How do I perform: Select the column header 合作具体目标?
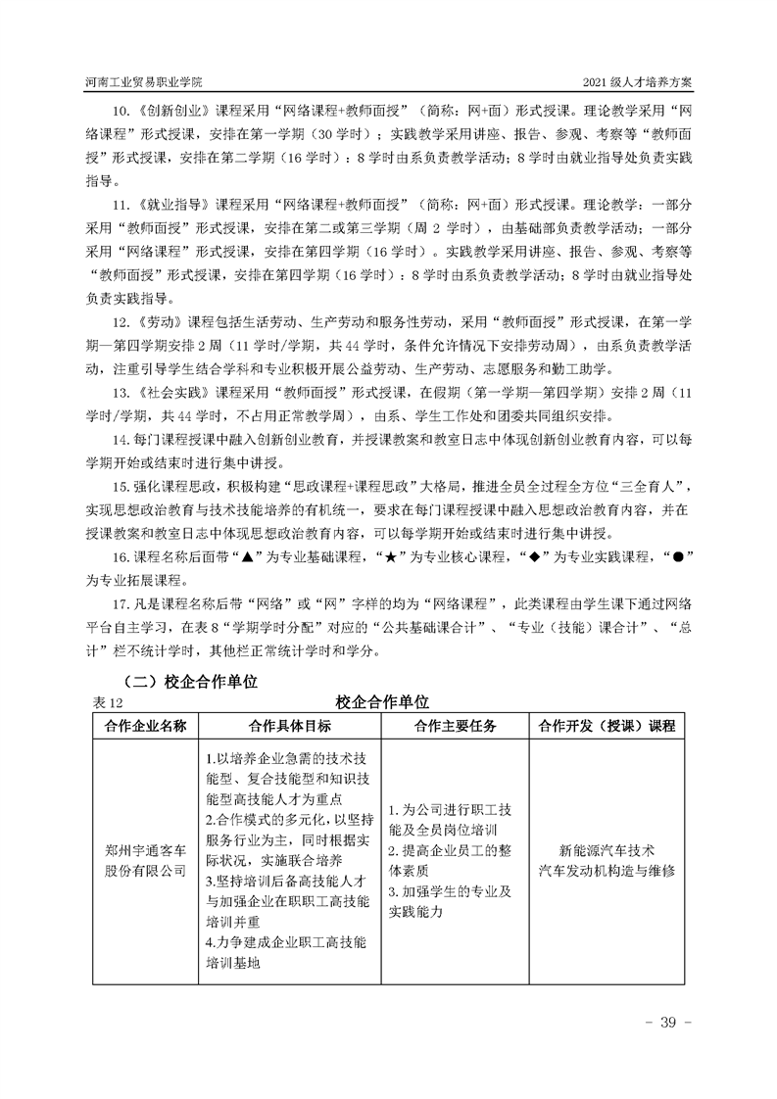click(290, 726)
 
